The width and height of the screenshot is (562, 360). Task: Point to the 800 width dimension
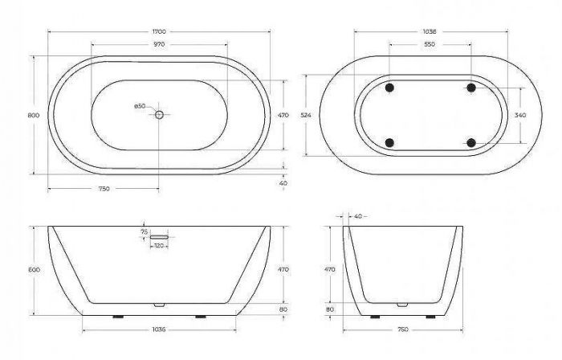tap(34, 115)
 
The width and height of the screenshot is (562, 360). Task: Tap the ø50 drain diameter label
tap(139, 106)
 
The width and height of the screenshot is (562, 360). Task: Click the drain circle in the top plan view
tap(159, 115)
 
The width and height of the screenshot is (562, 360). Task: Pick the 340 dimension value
tap(521, 115)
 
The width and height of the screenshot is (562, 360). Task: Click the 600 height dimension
tap(34, 270)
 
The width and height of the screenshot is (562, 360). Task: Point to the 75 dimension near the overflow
tap(145, 232)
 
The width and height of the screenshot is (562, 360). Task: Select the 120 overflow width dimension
tap(159, 247)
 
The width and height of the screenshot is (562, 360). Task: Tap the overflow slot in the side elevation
tap(160, 237)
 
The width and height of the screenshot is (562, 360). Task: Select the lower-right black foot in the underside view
tap(471, 143)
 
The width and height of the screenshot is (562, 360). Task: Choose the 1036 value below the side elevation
tap(159, 329)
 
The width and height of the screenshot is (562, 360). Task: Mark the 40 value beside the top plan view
tap(283, 183)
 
